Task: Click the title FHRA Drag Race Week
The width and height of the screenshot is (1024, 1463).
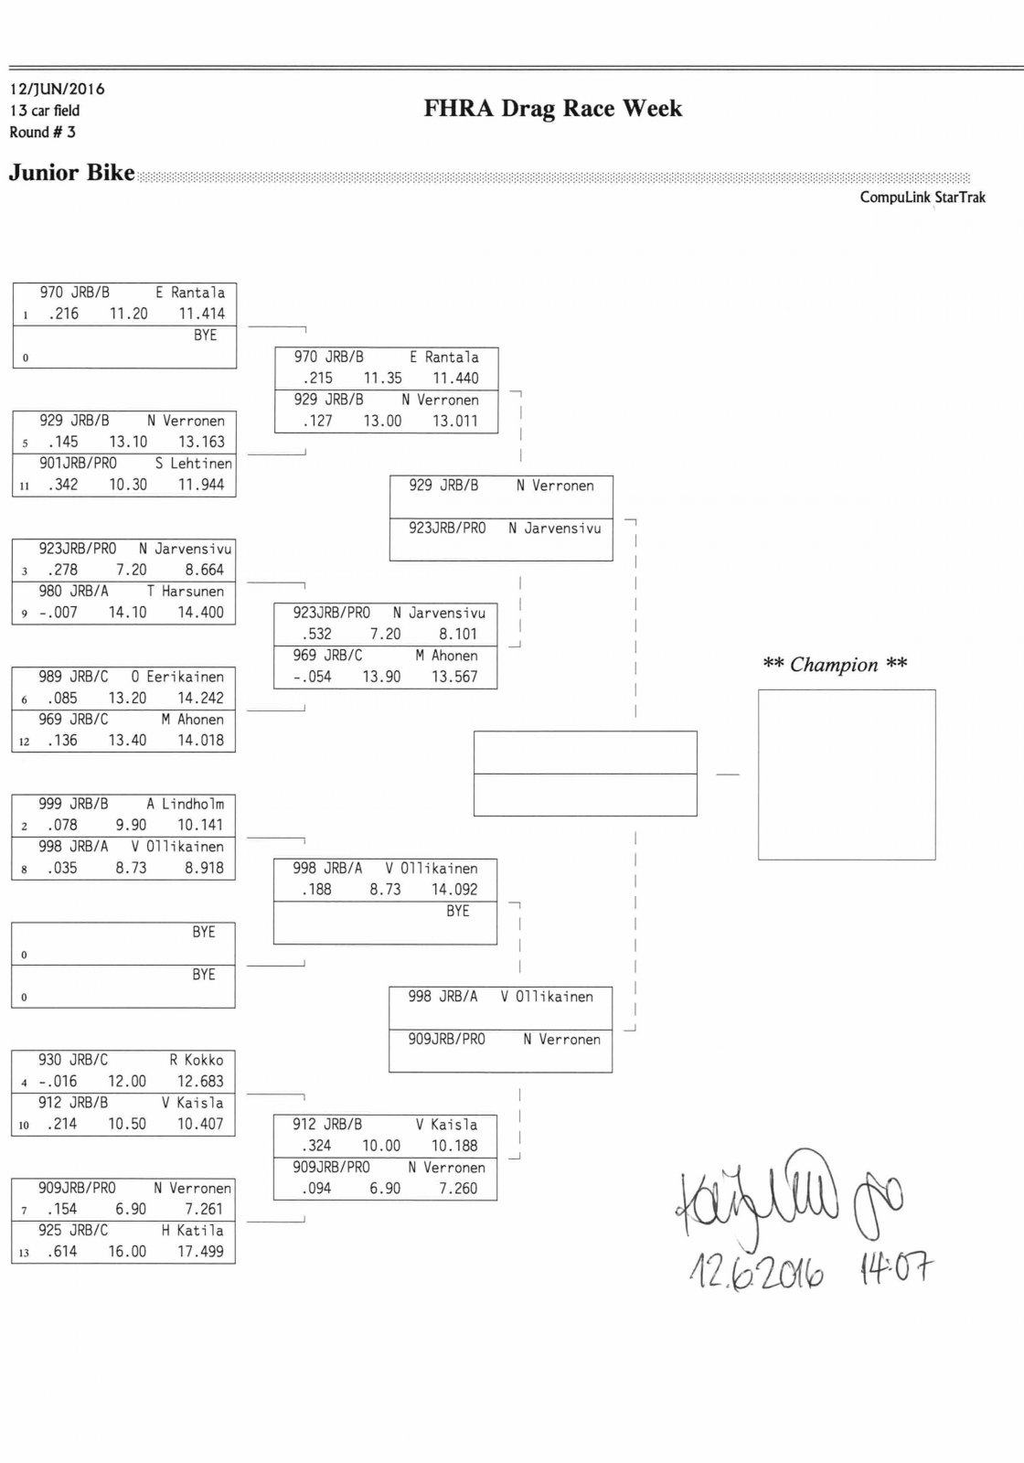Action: click(x=552, y=109)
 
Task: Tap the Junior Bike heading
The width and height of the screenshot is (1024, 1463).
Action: click(x=71, y=173)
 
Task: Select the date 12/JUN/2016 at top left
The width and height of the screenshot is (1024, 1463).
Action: click(x=57, y=89)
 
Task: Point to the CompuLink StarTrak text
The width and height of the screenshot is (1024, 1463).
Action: click(x=922, y=198)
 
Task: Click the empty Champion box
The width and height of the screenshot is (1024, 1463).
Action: click(x=846, y=774)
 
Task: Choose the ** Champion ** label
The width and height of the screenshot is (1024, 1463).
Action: click(x=835, y=665)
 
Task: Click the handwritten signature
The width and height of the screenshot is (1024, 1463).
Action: click(x=786, y=1198)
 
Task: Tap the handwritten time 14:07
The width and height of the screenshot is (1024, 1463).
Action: click(x=896, y=1268)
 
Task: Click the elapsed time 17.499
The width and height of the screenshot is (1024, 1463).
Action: click(x=200, y=1252)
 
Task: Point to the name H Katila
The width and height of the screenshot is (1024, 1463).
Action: click(x=192, y=1231)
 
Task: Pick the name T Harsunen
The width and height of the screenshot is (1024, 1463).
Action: click(x=185, y=592)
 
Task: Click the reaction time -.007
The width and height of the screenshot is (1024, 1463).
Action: click(x=59, y=613)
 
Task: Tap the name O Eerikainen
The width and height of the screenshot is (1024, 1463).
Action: click(x=177, y=677)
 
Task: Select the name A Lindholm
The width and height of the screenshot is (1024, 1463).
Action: click(x=185, y=805)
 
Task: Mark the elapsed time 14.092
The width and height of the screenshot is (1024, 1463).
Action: click(x=454, y=890)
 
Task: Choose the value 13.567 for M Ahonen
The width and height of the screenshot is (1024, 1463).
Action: click(x=454, y=678)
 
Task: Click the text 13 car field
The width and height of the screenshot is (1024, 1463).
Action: click(x=45, y=111)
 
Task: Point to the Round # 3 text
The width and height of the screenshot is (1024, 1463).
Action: click(x=42, y=133)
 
